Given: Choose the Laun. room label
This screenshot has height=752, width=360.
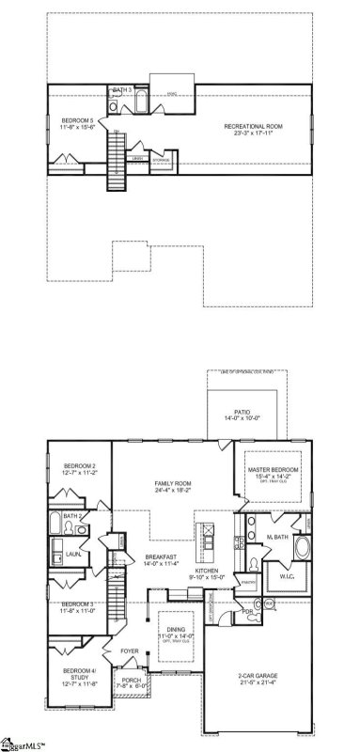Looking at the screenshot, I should pyautogui.click(x=72, y=555).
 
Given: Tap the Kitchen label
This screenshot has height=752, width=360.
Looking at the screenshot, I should pyautogui.click(x=207, y=573).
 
